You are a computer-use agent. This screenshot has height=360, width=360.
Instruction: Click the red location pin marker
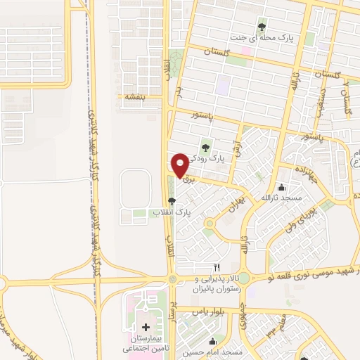point(179,165)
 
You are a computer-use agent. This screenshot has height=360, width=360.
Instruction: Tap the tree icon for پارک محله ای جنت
point(262,27)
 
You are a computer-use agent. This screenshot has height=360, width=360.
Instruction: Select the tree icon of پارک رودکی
point(205,148)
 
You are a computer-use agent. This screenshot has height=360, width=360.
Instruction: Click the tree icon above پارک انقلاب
point(172,201)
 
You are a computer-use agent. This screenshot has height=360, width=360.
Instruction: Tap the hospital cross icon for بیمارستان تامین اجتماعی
point(146,328)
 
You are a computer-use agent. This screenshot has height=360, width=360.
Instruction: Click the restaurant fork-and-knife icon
point(217,267)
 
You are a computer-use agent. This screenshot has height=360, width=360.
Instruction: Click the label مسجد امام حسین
point(214,352)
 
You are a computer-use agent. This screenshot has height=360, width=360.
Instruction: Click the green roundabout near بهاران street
point(209,224)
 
